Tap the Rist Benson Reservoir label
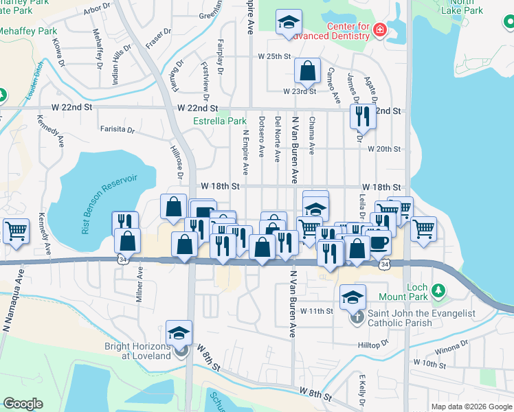pos(110,204)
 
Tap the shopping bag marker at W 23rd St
pos(308,70)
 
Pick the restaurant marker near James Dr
pos(362,116)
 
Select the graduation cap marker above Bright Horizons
pos(179,333)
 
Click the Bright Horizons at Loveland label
pos(137,351)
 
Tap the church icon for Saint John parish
pos(357,317)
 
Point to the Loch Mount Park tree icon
pos(436,295)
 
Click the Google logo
pos(23,404)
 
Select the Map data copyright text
pos(470,407)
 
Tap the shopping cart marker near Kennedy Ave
pos(16,231)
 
